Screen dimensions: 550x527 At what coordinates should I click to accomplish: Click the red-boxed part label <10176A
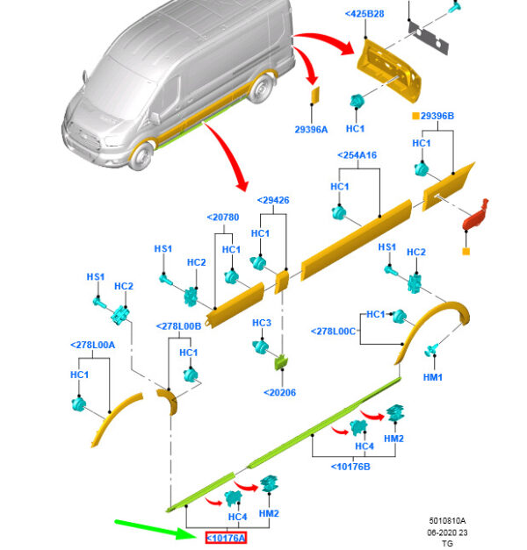226,538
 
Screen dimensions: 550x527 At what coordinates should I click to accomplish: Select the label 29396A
311,129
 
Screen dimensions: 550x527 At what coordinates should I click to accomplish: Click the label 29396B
437,116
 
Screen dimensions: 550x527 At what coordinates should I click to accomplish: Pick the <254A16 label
357,155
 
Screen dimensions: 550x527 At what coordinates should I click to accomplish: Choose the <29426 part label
273,200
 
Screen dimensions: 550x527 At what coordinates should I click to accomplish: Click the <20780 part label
222,218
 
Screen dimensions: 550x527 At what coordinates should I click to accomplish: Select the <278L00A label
92,345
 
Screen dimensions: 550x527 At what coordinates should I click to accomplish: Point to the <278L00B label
179,325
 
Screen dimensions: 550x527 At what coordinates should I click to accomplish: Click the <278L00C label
334,331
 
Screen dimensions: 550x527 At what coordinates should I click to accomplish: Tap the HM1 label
433,376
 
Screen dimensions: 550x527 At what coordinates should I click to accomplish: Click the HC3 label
261,323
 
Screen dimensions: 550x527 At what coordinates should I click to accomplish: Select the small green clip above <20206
283,361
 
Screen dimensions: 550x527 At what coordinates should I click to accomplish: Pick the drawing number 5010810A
447,521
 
